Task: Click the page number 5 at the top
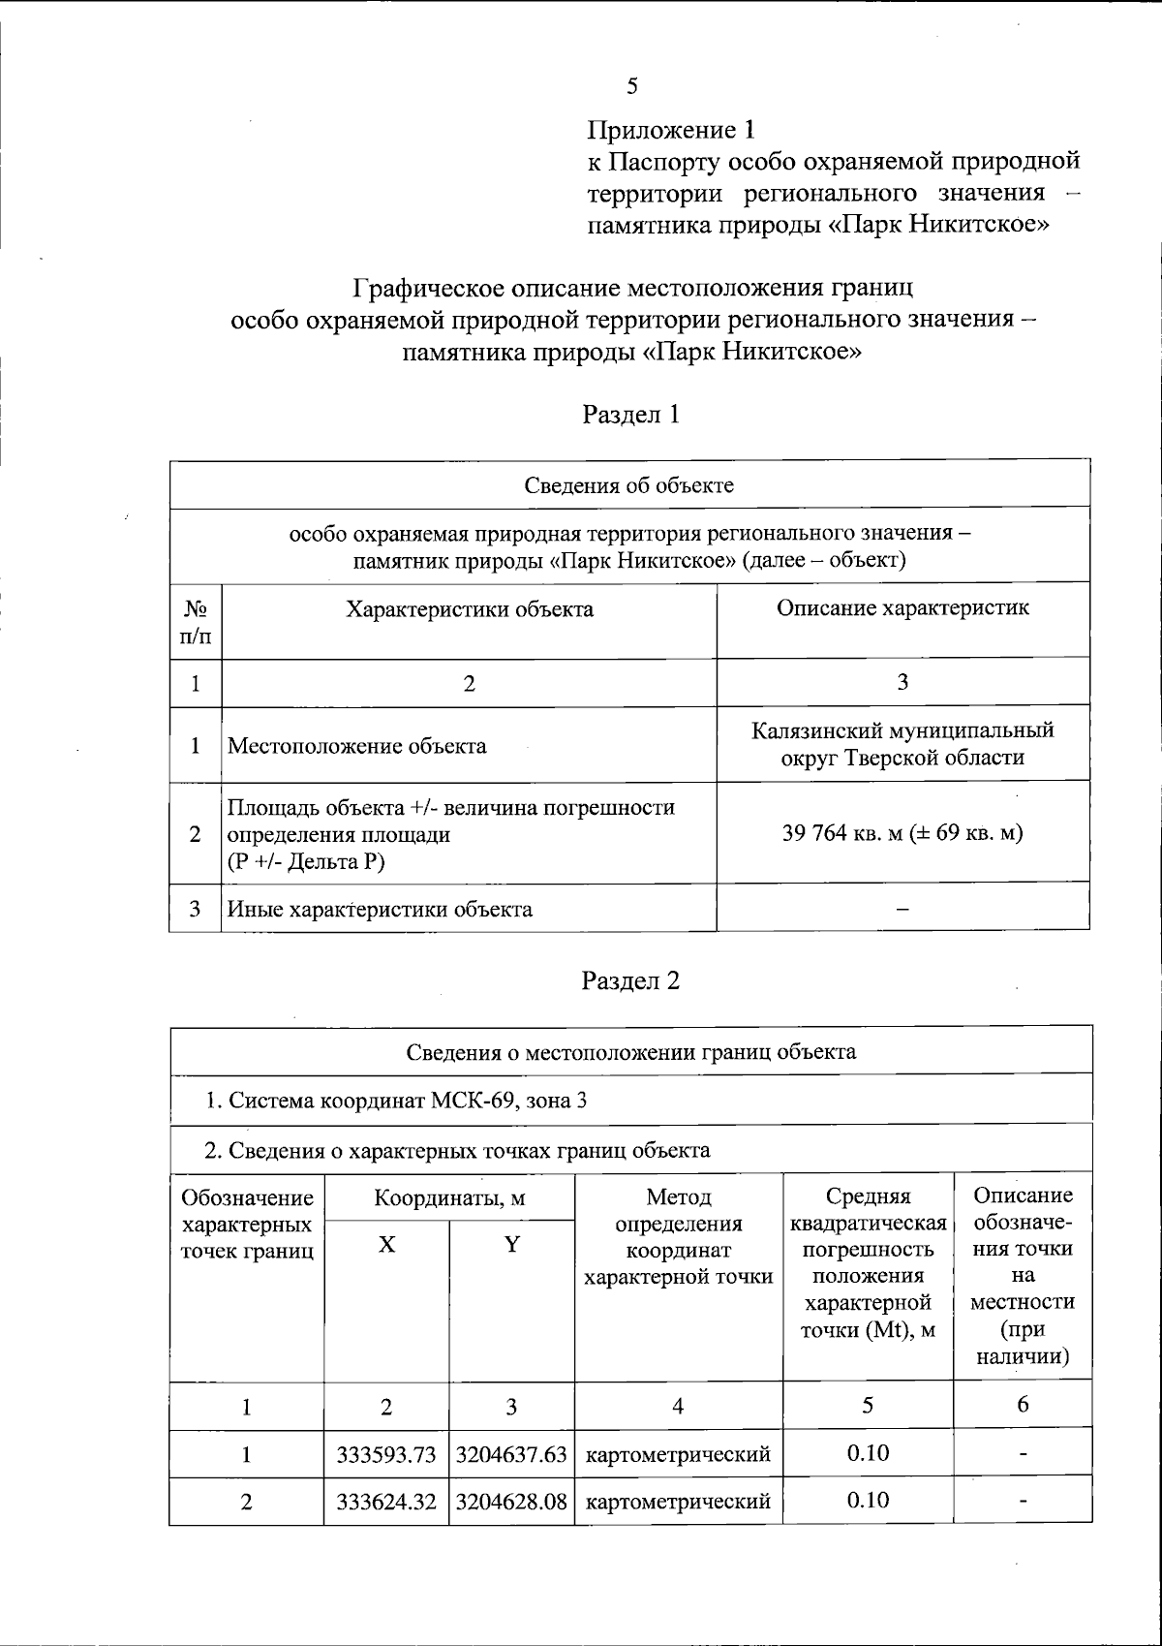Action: pyautogui.click(x=631, y=86)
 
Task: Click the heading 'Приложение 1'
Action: pyautogui.click(x=670, y=130)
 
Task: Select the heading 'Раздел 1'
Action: pyautogui.click(x=630, y=415)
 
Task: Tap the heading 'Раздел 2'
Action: pyautogui.click(x=630, y=980)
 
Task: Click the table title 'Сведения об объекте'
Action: pyautogui.click(x=629, y=484)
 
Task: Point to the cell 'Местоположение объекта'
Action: pyautogui.click(x=356, y=746)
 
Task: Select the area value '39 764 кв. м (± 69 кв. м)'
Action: pyautogui.click(x=902, y=833)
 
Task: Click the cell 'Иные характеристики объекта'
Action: pyautogui.click(x=380, y=909)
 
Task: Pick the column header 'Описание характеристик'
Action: pyautogui.click(x=902, y=608)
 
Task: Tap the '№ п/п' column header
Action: pyautogui.click(x=196, y=622)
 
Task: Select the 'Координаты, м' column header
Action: pyautogui.click(x=449, y=1197)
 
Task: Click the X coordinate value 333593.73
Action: pyautogui.click(x=386, y=1454)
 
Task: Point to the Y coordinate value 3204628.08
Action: pyautogui.click(x=511, y=1502)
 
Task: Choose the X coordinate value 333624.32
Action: pyautogui.click(x=386, y=1502)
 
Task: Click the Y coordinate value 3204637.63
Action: pyautogui.click(x=511, y=1454)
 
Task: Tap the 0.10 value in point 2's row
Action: pyautogui.click(x=868, y=1500)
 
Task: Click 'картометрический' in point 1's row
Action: pyautogui.click(x=679, y=1454)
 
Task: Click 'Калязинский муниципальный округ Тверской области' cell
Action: pyautogui.click(x=902, y=744)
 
